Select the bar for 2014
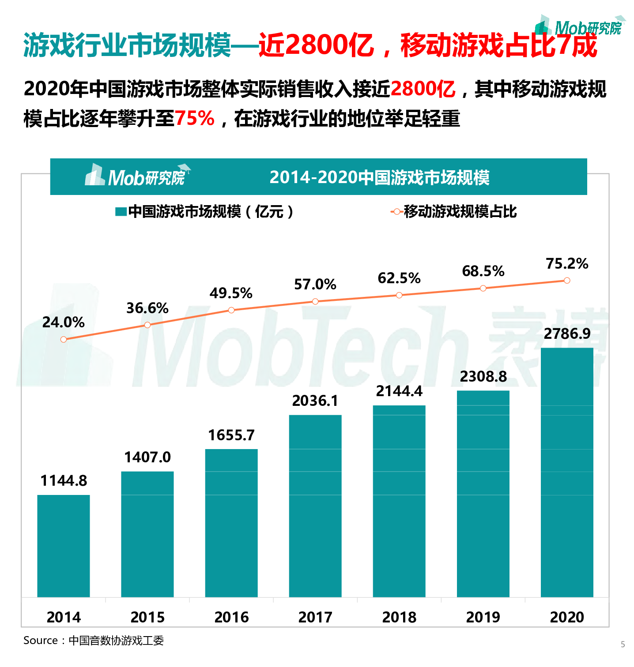tap(64, 546)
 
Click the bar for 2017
tap(315, 506)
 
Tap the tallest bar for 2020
tap(567, 472)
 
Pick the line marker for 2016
tap(231, 310)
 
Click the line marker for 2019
tap(483, 288)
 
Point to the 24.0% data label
tap(64, 322)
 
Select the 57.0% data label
tap(315, 285)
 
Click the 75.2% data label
tap(567, 264)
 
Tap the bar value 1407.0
tap(147, 457)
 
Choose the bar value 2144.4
tap(399, 391)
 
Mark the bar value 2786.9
tap(567, 334)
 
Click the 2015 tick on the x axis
tap(147, 617)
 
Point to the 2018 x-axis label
tap(399, 617)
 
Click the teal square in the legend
tap(121, 212)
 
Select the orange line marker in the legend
tap(396, 212)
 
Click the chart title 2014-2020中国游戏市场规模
tap(379, 177)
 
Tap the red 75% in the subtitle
tap(195, 118)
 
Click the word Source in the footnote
tap(41, 641)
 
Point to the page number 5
tap(623, 645)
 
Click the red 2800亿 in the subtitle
tap(423, 89)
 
